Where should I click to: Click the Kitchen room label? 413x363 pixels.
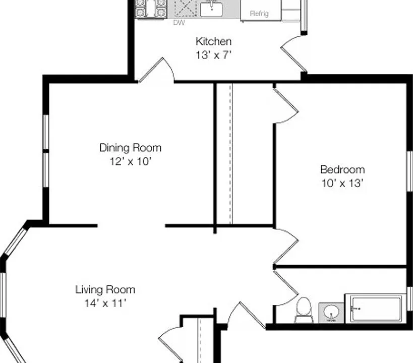click(x=214, y=41)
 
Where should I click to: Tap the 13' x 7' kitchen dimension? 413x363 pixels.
click(x=213, y=55)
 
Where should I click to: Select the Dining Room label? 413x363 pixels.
click(x=131, y=148)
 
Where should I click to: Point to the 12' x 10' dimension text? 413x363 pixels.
click(x=131, y=161)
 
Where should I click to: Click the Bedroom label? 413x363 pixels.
click(x=342, y=169)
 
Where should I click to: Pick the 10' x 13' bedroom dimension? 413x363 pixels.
click(x=342, y=183)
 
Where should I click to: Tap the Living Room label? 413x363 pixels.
click(x=105, y=289)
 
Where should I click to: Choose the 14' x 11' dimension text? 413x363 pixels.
click(x=105, y=303)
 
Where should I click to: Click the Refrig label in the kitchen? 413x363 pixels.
click(x=259, y=14)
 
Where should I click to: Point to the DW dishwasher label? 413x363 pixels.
click(x=179, y=23)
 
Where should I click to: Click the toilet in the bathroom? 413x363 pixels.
click(x=304, y=310)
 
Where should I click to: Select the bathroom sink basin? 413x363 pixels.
click(x=331, y=313)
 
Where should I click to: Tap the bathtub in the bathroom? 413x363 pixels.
click(x=376, y=308)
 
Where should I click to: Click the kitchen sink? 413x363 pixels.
click(x=211, y=9)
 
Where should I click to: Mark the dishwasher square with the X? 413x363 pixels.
click(x=185, y=8)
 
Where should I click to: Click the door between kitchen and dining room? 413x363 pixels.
click(x=156, y=70)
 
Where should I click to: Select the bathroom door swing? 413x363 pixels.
click(x=286, y=288)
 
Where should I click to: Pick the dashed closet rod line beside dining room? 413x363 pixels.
click(x=231, y=154)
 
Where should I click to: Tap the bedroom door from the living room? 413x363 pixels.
click(x=286, y=247)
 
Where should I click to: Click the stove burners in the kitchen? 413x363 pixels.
click(x=151, y=9)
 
